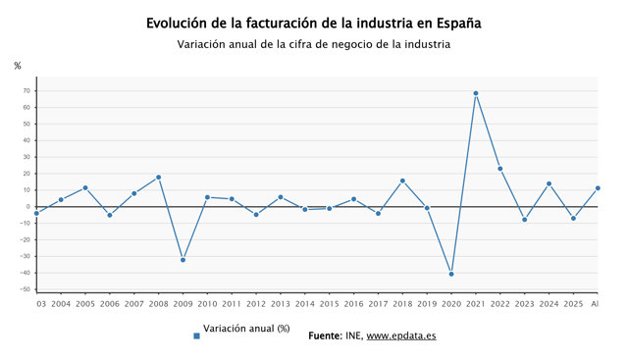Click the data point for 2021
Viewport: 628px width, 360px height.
[476, 93]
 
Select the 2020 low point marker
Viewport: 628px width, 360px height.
[451, 274]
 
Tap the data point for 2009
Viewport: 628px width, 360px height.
[183, 260]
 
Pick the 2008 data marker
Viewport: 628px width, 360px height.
[159, 177]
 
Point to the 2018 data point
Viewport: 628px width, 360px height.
[402, 180]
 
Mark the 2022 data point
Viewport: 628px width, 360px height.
[500, 169]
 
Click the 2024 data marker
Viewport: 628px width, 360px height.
[549, 183]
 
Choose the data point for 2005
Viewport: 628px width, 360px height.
[85, 187]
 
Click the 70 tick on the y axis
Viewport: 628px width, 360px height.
[26, 91]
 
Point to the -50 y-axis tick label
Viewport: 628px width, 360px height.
[26, 289]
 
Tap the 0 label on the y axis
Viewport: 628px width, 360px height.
[28, 207]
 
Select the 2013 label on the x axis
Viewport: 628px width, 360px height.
[281, 304]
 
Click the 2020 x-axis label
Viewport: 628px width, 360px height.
[451, 304]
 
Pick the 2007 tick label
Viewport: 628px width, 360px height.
[134, 304]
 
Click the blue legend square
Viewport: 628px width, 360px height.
[196, 336]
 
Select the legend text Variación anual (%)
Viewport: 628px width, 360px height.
[246, 329]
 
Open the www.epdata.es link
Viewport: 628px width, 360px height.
[401, 335]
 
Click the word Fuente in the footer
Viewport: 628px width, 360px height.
[325, 335]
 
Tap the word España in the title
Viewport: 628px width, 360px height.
[458, 24]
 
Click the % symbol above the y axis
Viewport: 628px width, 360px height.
[18, 66]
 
